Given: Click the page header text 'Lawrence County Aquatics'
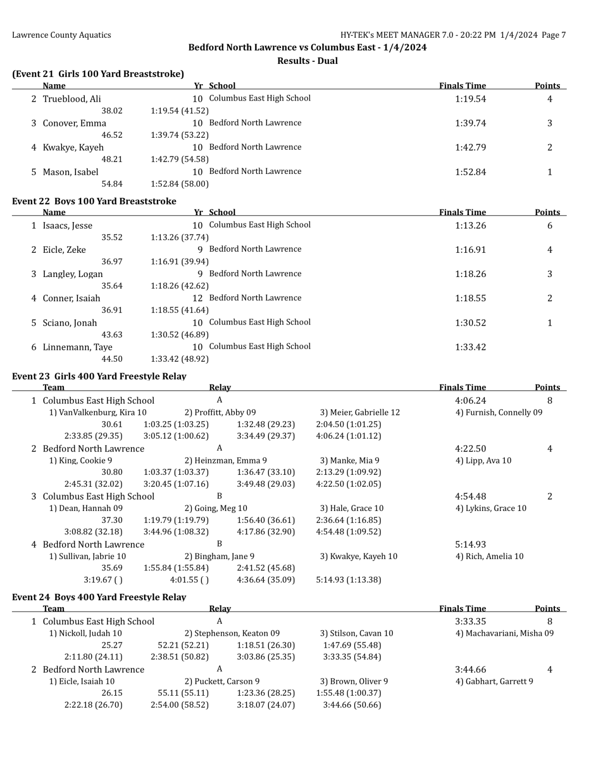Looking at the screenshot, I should [61, 35].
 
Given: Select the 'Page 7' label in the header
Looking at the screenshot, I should [553, 35].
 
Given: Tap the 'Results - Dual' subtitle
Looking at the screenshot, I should [307, 60].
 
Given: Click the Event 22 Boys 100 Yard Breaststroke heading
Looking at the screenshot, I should [94, 201].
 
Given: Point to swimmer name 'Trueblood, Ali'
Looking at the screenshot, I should [72, 99].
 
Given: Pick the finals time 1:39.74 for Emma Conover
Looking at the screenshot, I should [470, 123].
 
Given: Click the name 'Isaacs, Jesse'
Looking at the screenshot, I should [67, 225].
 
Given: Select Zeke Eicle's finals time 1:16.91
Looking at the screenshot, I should [470, 250].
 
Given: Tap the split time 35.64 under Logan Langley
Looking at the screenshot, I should [112, 286].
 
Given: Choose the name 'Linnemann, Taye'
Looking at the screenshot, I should [77, 347].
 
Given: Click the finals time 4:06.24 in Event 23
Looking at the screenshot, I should [470, 400].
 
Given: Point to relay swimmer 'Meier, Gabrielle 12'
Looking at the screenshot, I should [360, 412].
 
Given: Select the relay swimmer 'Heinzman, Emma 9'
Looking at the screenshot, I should [226, 460].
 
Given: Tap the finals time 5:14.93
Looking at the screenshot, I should [470, 544].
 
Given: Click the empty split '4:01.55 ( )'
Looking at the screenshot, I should [189, 580].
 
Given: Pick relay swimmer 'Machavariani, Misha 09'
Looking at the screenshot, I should [504, 633].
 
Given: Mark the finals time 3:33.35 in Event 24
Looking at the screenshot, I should [470, 621].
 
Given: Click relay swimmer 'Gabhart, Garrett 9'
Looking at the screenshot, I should [494, 681].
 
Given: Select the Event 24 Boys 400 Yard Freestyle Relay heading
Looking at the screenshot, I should [99, 597].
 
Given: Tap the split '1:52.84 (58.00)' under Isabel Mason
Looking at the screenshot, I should [180, 184].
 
